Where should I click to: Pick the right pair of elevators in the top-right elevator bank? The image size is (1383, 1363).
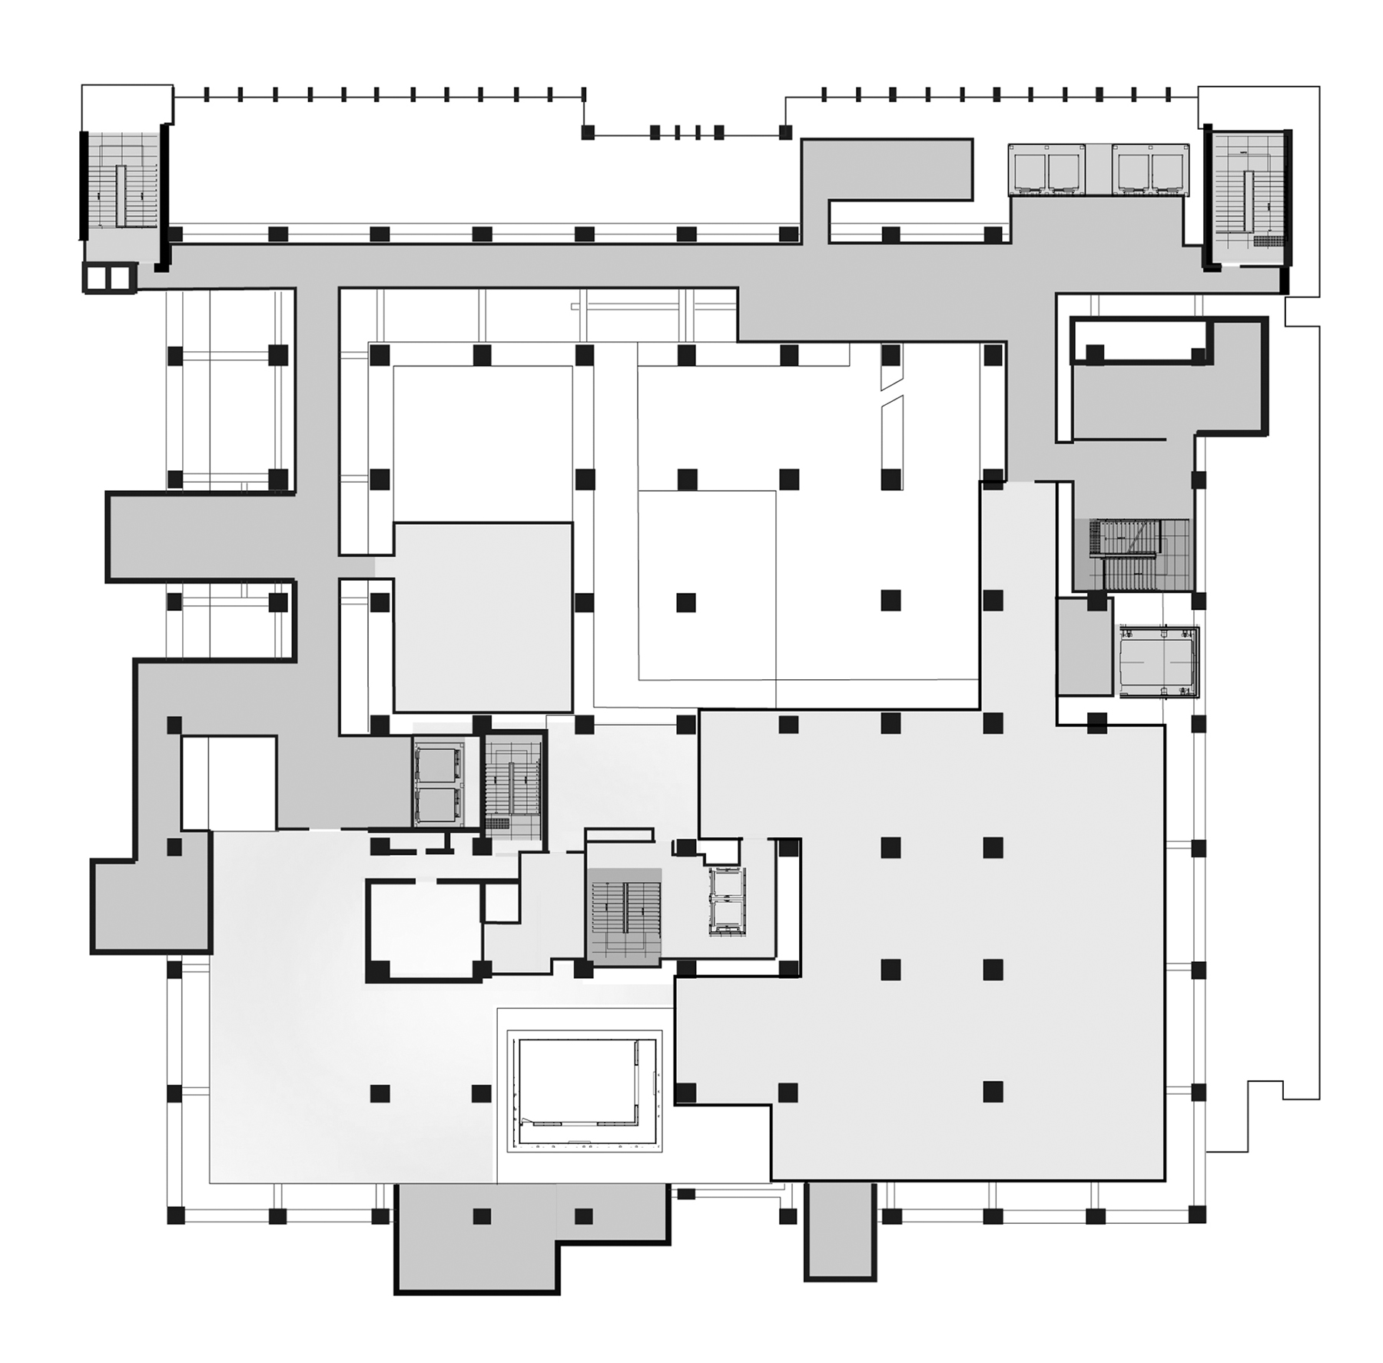point(1149,170)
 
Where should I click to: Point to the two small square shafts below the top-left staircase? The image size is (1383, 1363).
point(110,277)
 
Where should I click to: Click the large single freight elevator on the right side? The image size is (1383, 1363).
point(1159,662)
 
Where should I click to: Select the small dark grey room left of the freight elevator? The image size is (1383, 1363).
point(1083,648)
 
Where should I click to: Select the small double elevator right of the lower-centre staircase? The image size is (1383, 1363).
point(727,900)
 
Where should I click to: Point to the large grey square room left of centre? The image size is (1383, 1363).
point(483,617)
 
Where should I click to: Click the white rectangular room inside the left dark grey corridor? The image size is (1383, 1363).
point(228,782)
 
